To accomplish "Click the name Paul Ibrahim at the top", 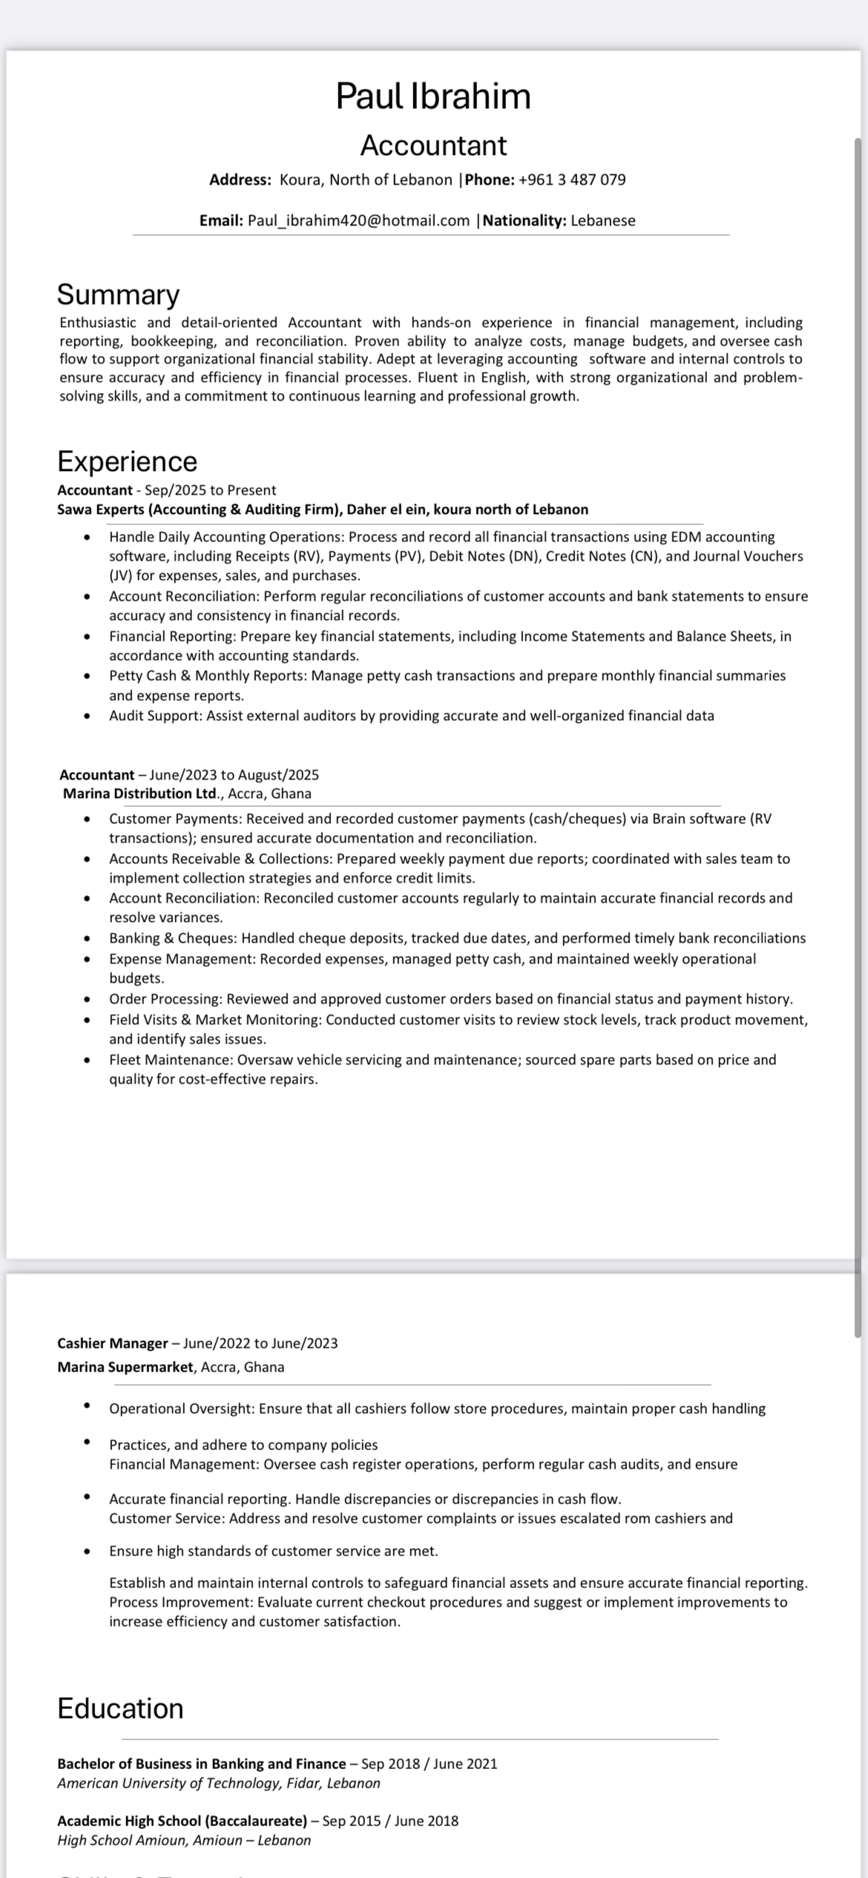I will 433,96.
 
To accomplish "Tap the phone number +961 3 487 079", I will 572,179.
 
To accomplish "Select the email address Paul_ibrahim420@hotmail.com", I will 358,220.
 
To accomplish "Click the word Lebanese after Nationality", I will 602,220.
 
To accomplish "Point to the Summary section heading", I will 119,294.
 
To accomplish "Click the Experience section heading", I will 128,461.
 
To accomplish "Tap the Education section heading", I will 120,1708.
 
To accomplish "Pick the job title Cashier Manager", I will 113,1343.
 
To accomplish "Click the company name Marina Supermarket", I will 125,1367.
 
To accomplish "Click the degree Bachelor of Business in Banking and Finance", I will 202,1764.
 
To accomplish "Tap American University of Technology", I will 168,1783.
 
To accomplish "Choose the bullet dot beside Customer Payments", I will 88,819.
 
